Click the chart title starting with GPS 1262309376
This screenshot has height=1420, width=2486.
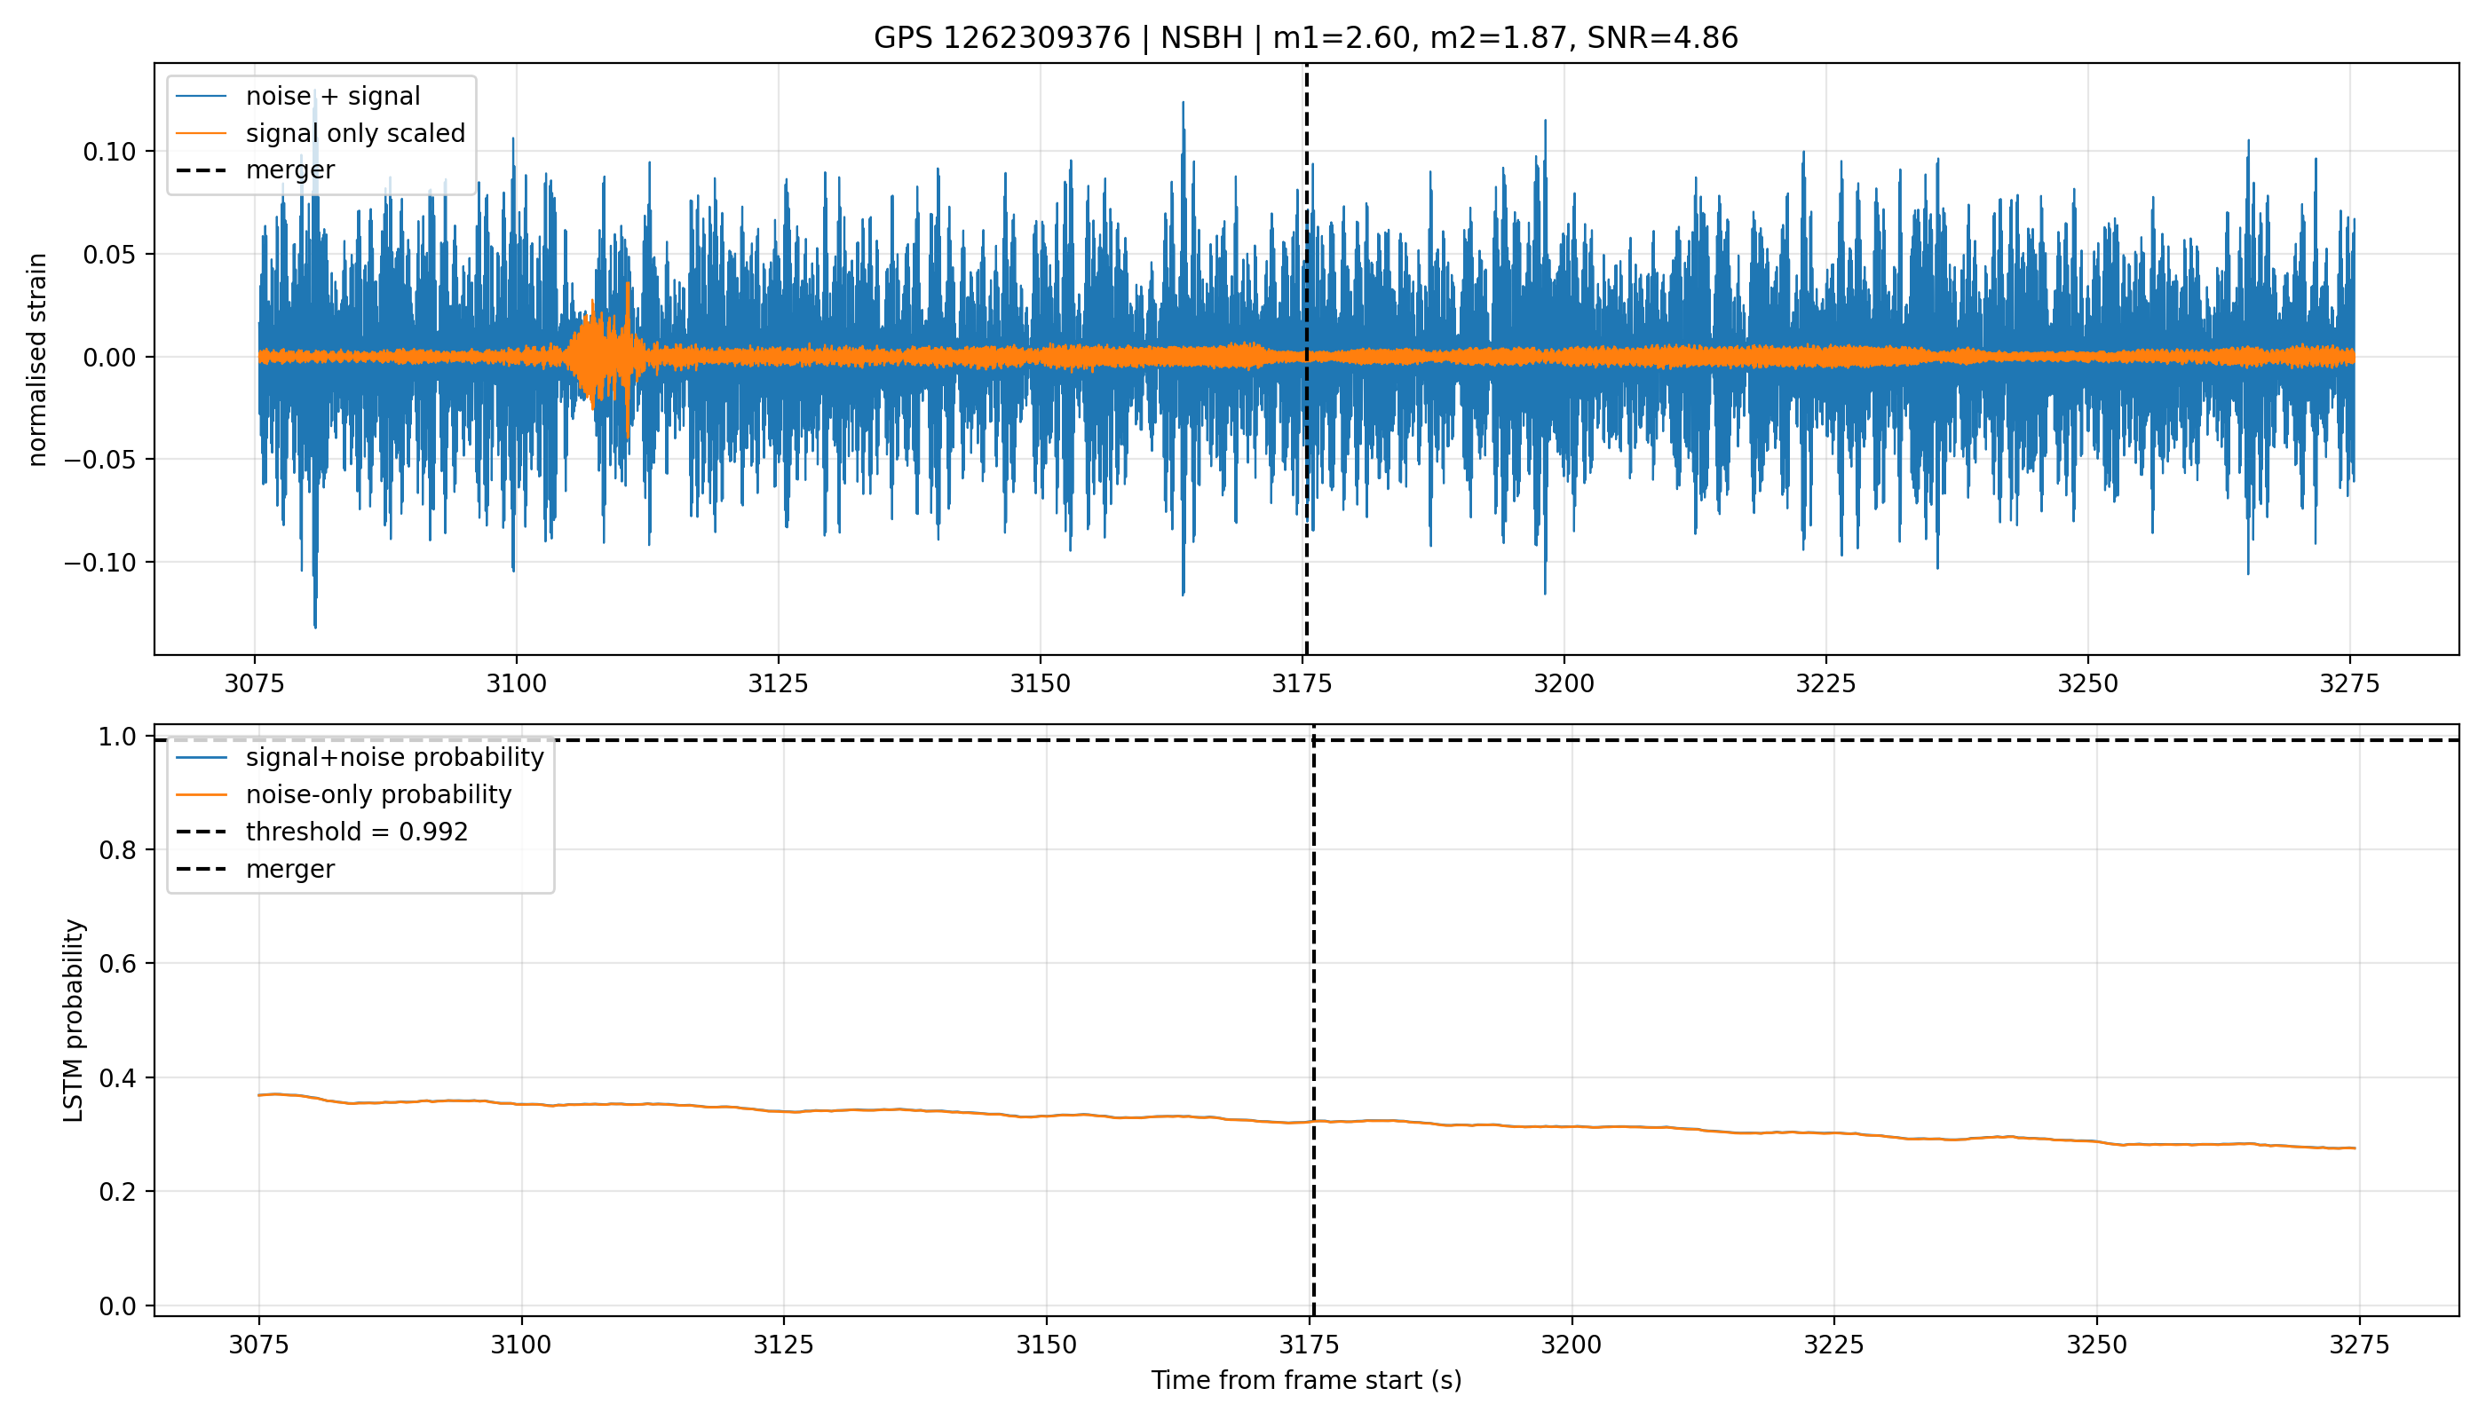click(x=1305, y=38)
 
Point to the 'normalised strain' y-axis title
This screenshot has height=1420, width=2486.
click(x=37, y=359)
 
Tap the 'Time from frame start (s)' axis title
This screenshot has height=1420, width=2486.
click(x=1306, y=1380)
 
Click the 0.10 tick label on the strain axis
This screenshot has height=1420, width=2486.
click(x=109, y=151)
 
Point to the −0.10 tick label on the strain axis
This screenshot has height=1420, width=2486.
click(x=100, y=563)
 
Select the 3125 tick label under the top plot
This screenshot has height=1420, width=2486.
click(x=778, y=683)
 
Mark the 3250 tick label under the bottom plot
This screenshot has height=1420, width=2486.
click(x=2095, y=1345)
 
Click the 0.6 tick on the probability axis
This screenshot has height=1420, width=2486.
click(x=118, y=964)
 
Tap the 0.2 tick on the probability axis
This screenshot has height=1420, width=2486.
click(x=118, y=1192)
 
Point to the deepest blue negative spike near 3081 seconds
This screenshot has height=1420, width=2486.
click(x=315, y=624)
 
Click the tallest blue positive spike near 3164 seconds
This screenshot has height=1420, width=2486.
click(x=1184, y=103)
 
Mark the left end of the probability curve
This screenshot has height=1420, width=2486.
click(x=259, y=1095)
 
